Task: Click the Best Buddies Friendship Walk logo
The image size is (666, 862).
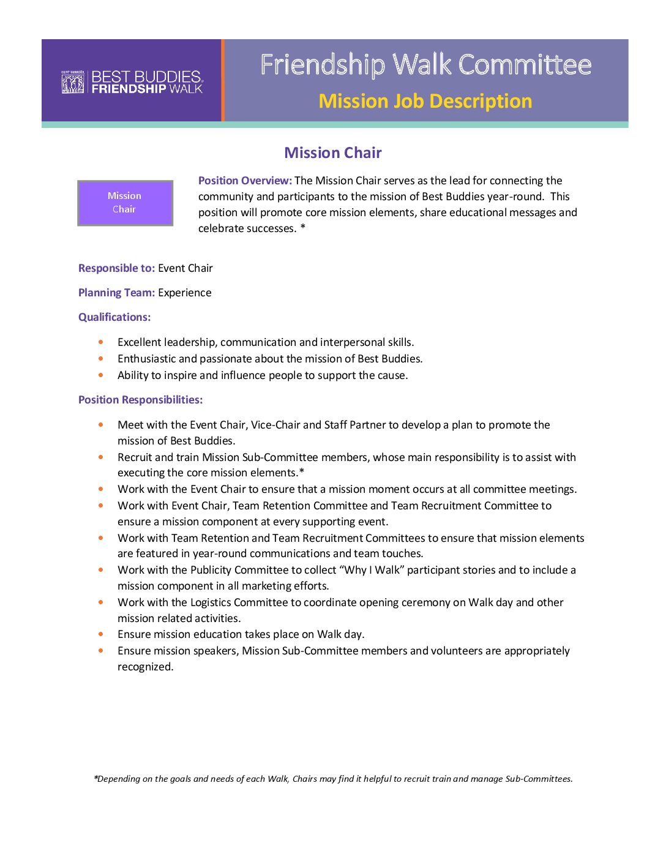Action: pyautogui.click(x=132, y=82)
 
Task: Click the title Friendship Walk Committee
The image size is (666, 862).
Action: pyautogui.click(x=425, y=65)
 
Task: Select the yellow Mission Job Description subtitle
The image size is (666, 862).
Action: pyautogui.click(x=425, y=101)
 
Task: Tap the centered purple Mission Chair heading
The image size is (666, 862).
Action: pyautogui.click(x=332, y=153)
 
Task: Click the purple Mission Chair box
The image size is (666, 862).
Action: pyautogui.click(x=125, y=203)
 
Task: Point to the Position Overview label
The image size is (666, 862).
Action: pyautogui.click(x=245, y=181)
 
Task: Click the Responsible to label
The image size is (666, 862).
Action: pyautogui.click(x=116, y=268)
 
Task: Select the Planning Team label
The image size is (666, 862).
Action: pyautogui.click(x=116, y=293)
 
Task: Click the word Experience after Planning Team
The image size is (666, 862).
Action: pyautogui.click(x=184, y=293)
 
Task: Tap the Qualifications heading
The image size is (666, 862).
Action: pyautogui.click(x=114, y=317)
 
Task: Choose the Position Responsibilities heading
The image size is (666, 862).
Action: pyautogui.click(x=140, y=400)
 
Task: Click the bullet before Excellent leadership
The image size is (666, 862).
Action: pyautogui.click(x=101, y=342)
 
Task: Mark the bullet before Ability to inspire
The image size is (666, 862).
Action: pyautogui.click(x=101, y=375)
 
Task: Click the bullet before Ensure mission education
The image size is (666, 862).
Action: pyautogui.click(x=101, y=634)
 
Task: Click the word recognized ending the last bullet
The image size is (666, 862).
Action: pyautogui.click(x=145, y=667)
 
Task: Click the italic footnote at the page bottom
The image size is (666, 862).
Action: pyautogui.click(x=333, y=779)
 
